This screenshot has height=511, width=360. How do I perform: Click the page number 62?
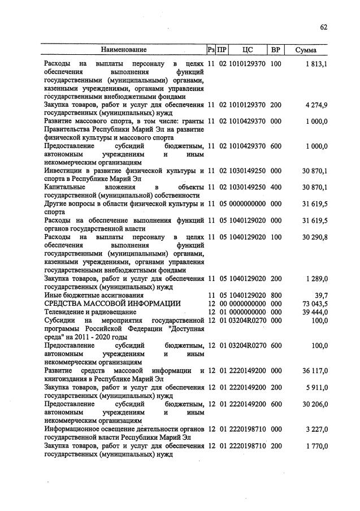[324, 27]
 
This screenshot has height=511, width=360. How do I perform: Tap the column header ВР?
[276, 50]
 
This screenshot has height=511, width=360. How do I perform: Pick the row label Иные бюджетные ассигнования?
[93, 295]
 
